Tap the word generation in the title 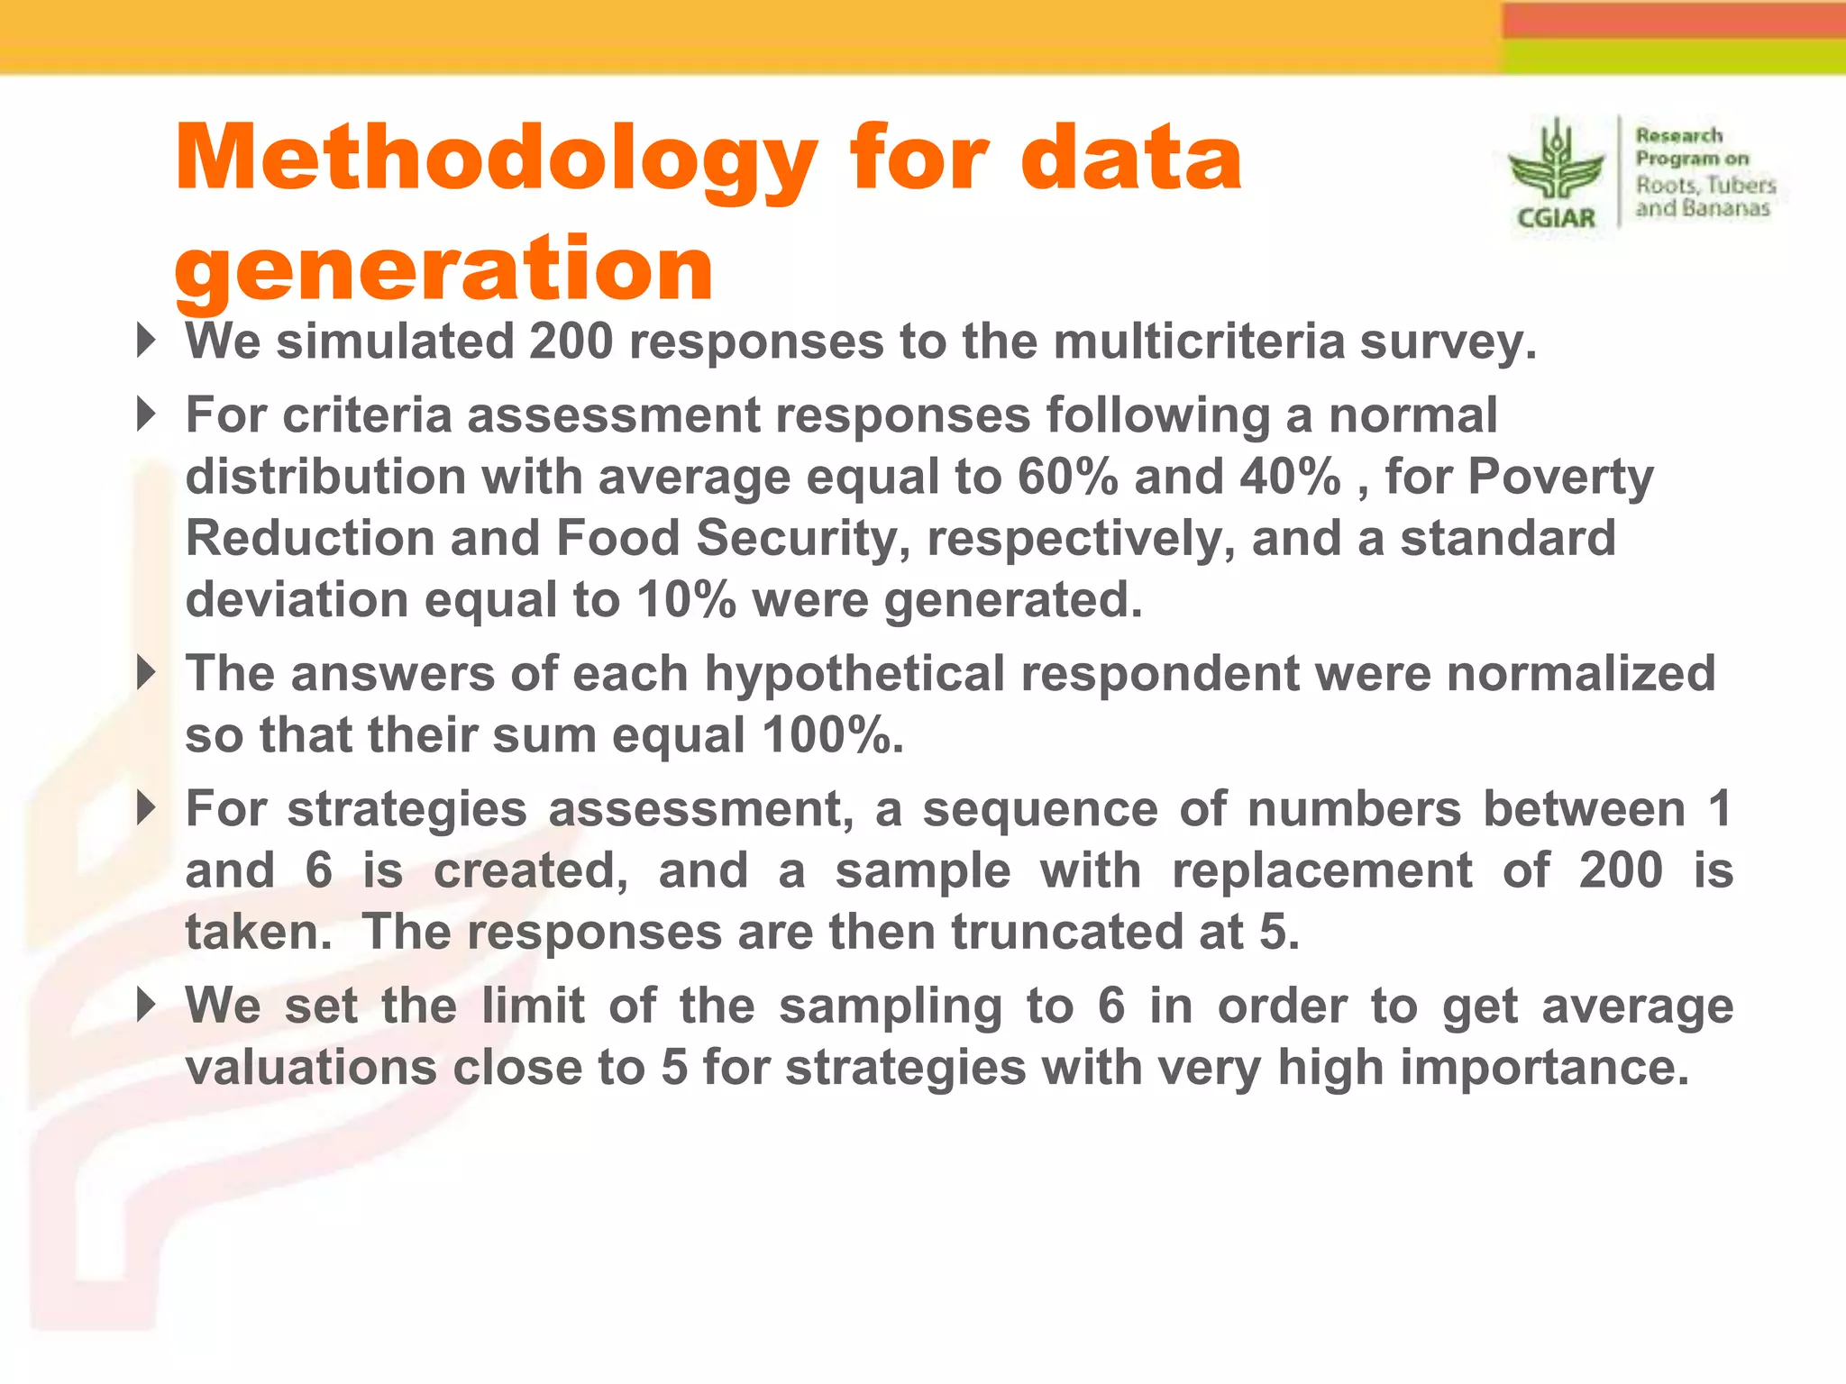[443, 269]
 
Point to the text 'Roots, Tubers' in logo [1705, 185]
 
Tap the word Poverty [1560, 477]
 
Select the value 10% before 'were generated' [686, 600]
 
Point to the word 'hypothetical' [854, 674]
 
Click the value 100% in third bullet [830, 735]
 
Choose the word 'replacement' [1321, 870]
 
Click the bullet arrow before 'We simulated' [146, 341]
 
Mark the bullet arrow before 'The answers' [146, 672]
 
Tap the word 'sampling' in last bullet [891, 1006]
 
